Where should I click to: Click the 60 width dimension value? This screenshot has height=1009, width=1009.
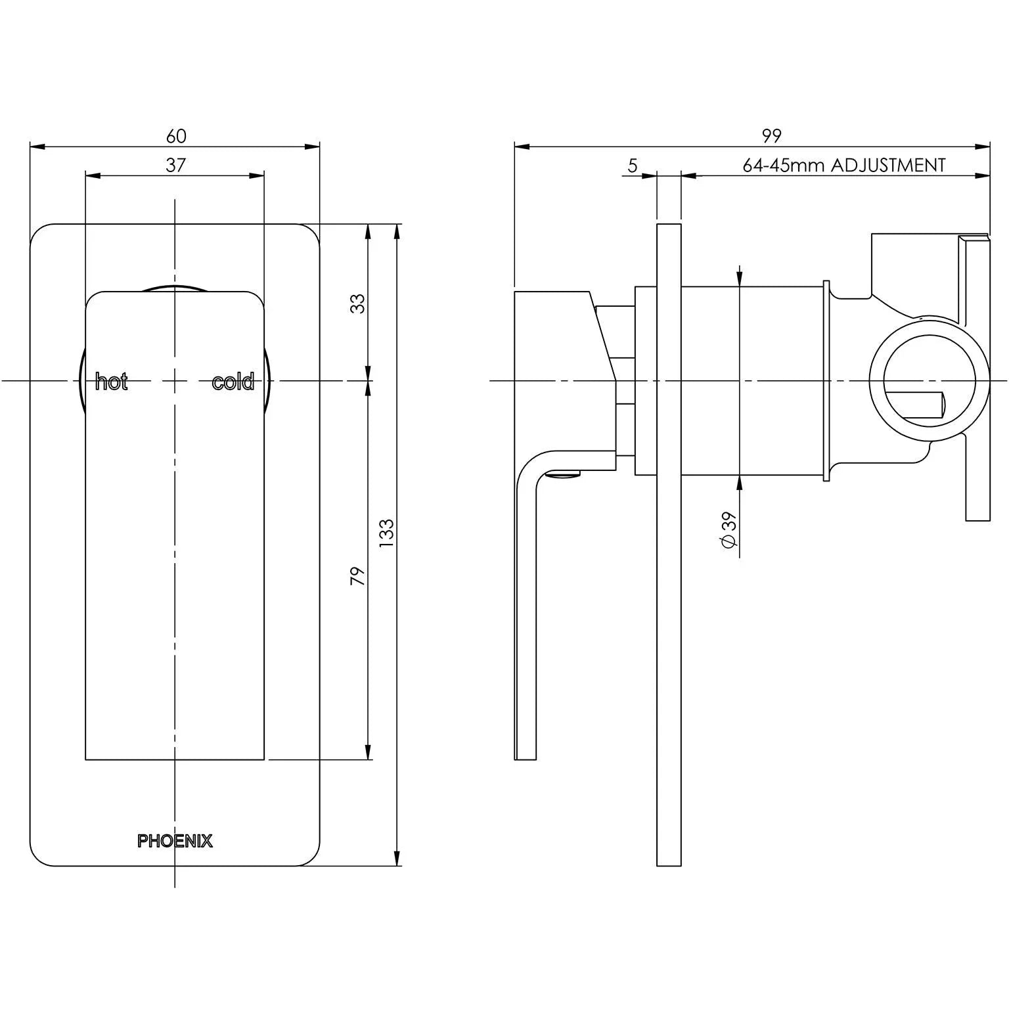tap(176, 136)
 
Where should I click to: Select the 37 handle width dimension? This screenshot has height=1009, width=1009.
tap(175, 165)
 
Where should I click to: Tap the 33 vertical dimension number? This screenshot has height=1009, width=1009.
tap(357, 303)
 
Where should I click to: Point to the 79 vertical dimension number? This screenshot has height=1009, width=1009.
tap(357, 575)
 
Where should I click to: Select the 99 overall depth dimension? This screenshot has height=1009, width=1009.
tap(771, 136)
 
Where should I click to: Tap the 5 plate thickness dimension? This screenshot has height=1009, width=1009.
tap(632, 166)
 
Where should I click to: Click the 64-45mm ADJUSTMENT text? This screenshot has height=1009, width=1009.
tap(844, 165)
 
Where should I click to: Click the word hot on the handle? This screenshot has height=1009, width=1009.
tap(111, 382)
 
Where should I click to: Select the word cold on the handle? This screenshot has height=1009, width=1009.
tap(233, 382)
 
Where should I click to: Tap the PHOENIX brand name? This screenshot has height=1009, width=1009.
tap(175, 841)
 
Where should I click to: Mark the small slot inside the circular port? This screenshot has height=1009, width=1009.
tap(920, 405)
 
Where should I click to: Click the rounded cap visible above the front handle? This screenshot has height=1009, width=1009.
tap(175, 288)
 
